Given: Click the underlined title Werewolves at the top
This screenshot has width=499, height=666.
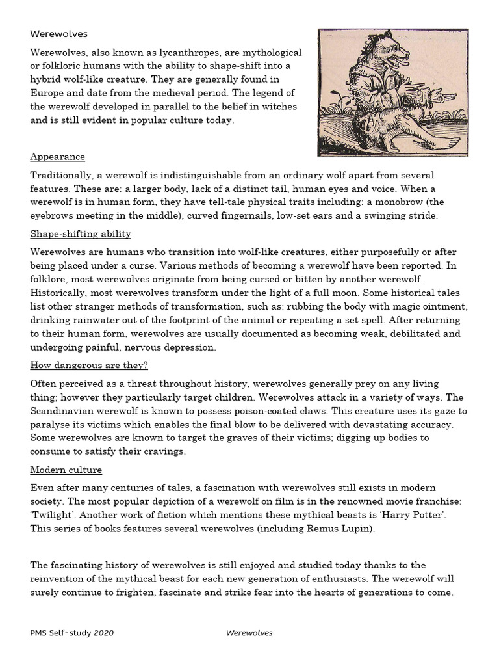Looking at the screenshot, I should tap(58, 34).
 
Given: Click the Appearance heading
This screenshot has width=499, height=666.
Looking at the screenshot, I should tap(57, 157).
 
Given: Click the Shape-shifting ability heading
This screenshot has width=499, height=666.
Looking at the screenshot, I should tap(81, 233).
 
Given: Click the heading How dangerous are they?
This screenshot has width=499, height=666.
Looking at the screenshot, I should tap(89, 365).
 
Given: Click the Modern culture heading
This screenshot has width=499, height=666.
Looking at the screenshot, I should tap(66, 470).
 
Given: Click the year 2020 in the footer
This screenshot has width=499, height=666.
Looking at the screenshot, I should tap(104, 632).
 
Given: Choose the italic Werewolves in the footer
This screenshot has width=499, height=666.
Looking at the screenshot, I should tap(249, 632).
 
